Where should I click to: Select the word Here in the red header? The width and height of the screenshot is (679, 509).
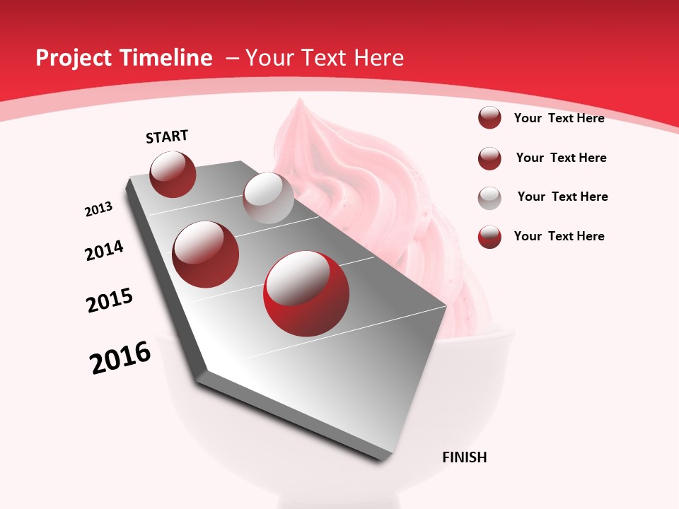(378, 58)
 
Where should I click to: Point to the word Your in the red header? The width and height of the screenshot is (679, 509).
(270, 58)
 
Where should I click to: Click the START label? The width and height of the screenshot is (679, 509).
(167, 136)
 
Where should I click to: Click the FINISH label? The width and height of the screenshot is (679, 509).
(464, 457)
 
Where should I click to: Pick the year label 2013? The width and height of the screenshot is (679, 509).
(99, 209)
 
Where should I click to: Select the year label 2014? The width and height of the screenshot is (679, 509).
(104, 250)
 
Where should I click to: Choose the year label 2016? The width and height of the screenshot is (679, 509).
(120, 358)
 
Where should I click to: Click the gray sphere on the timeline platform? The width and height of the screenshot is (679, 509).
(268, 198)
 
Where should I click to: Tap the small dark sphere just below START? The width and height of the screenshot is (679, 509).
(173, 174)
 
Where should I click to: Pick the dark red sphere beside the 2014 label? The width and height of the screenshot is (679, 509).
(206, 254)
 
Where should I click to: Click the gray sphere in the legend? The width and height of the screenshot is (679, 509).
(489, 197)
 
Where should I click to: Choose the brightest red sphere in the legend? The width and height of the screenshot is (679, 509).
(489, 237)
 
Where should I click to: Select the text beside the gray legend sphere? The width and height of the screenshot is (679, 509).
(562, 197)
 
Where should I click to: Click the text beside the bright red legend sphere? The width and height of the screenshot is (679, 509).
(559, 236)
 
